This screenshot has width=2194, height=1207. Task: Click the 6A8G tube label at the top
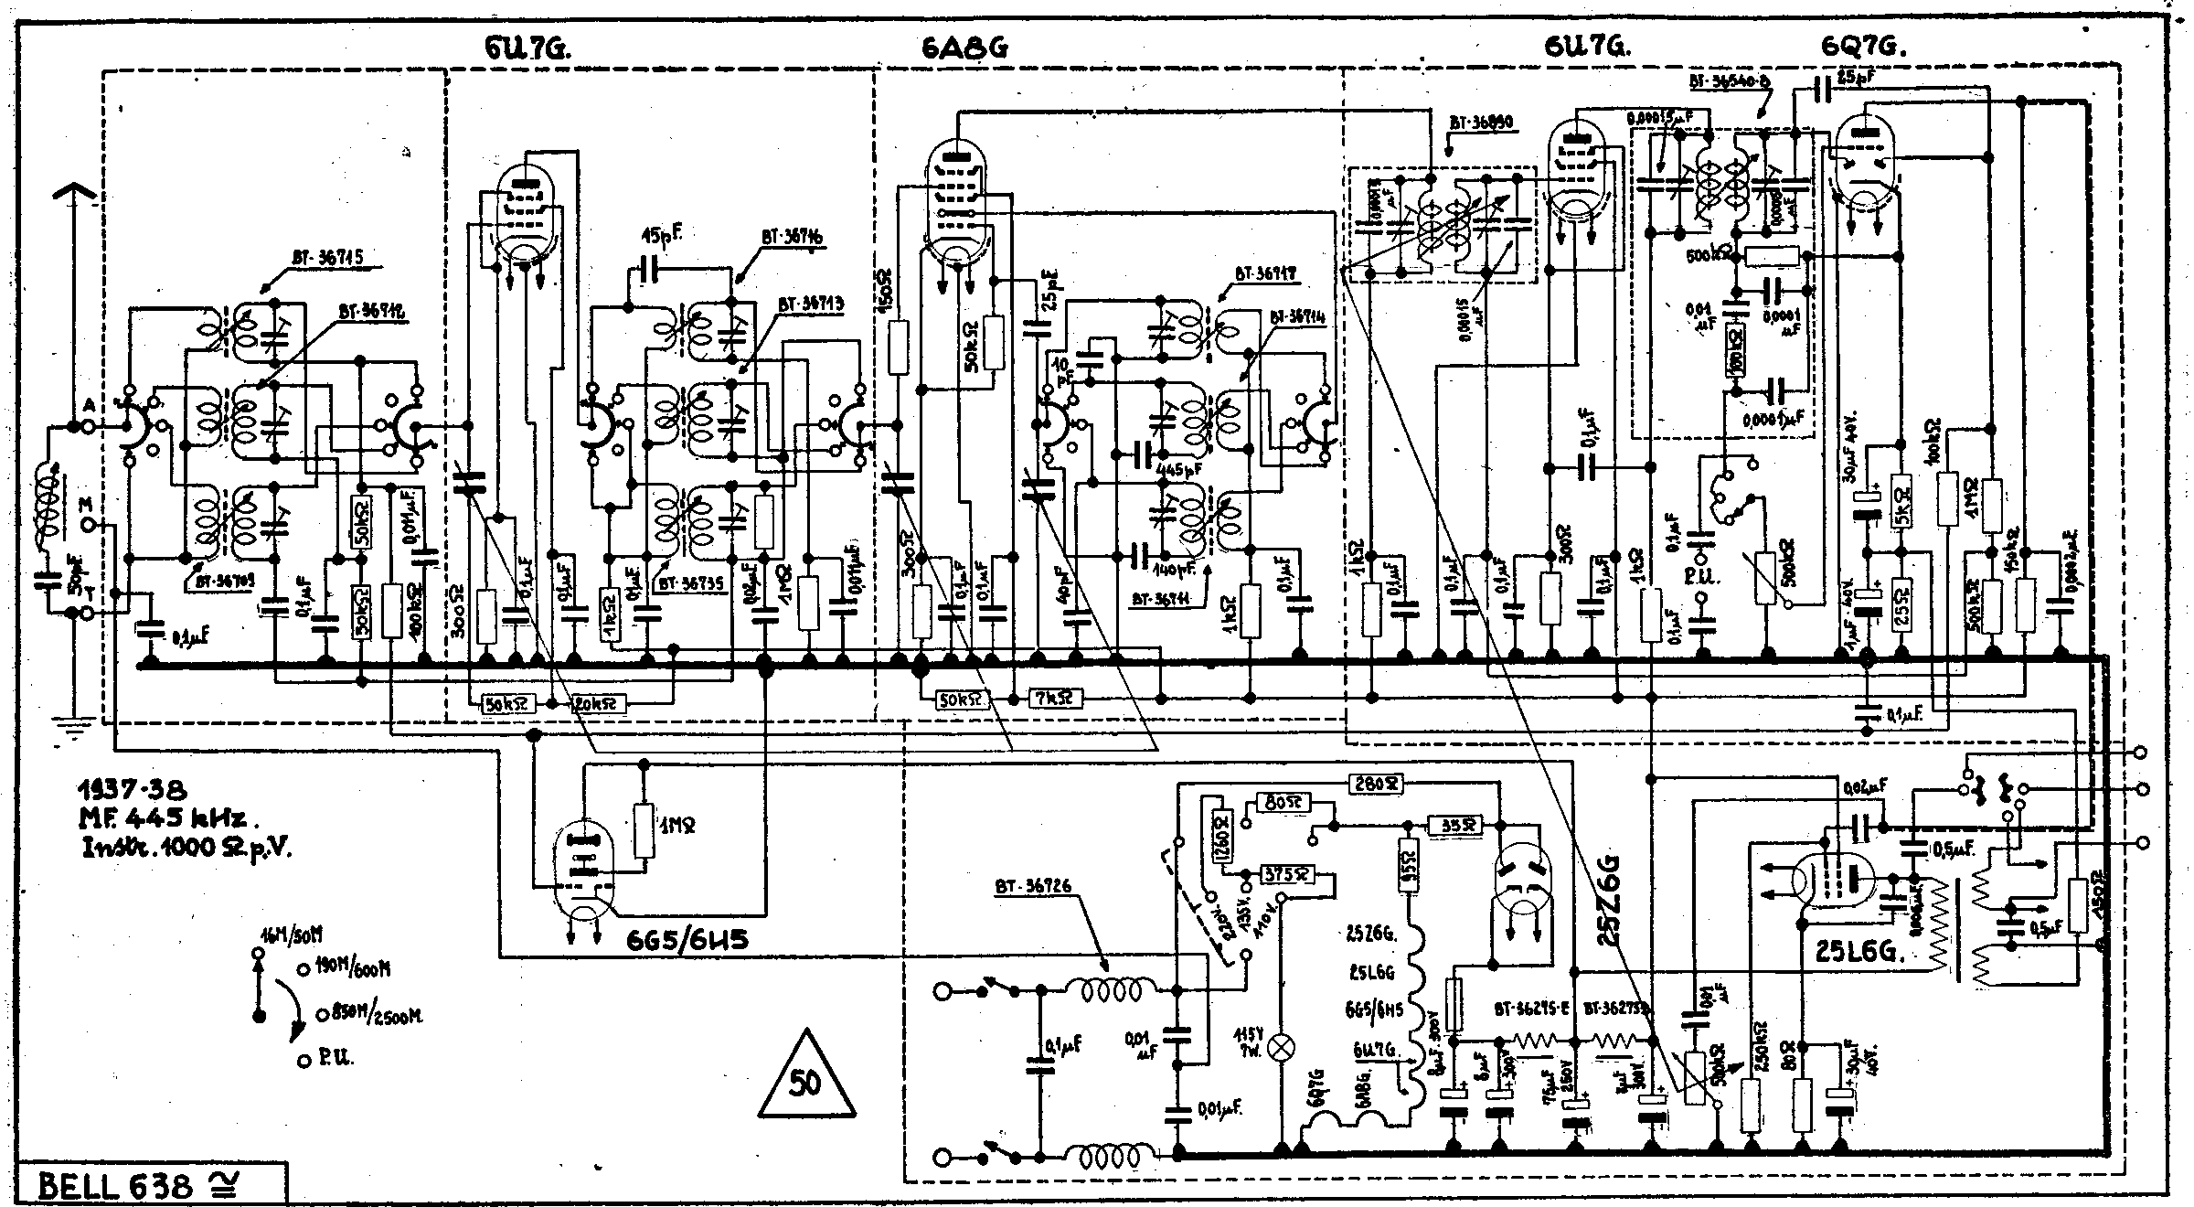pyautogui.click(x=965, y=47)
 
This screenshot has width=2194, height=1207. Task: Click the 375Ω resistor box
pyautogui.click(x=1287, y=874)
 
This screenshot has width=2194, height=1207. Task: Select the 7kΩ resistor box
pyautogui.click(x=1055, y=700)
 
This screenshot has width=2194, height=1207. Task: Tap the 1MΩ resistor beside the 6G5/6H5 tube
pyautogui.click(x=644, y=829)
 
